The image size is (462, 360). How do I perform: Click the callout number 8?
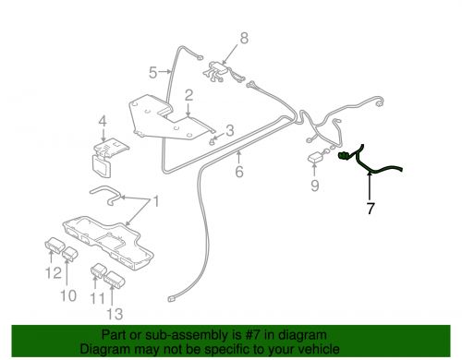point(244,38)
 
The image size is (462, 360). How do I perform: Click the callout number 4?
point(103,121)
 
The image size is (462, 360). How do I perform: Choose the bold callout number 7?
point(371,210)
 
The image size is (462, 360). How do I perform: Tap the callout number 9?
point(313,186)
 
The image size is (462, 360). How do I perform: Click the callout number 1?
point(156,202)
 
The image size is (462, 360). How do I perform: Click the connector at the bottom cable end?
point(173,298)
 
